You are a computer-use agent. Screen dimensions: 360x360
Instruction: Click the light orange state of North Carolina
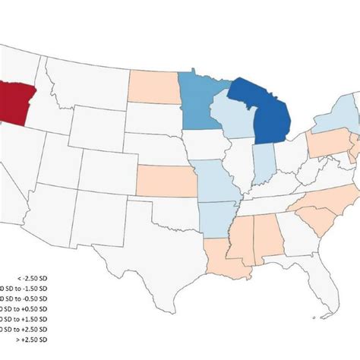coord(327,198)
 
